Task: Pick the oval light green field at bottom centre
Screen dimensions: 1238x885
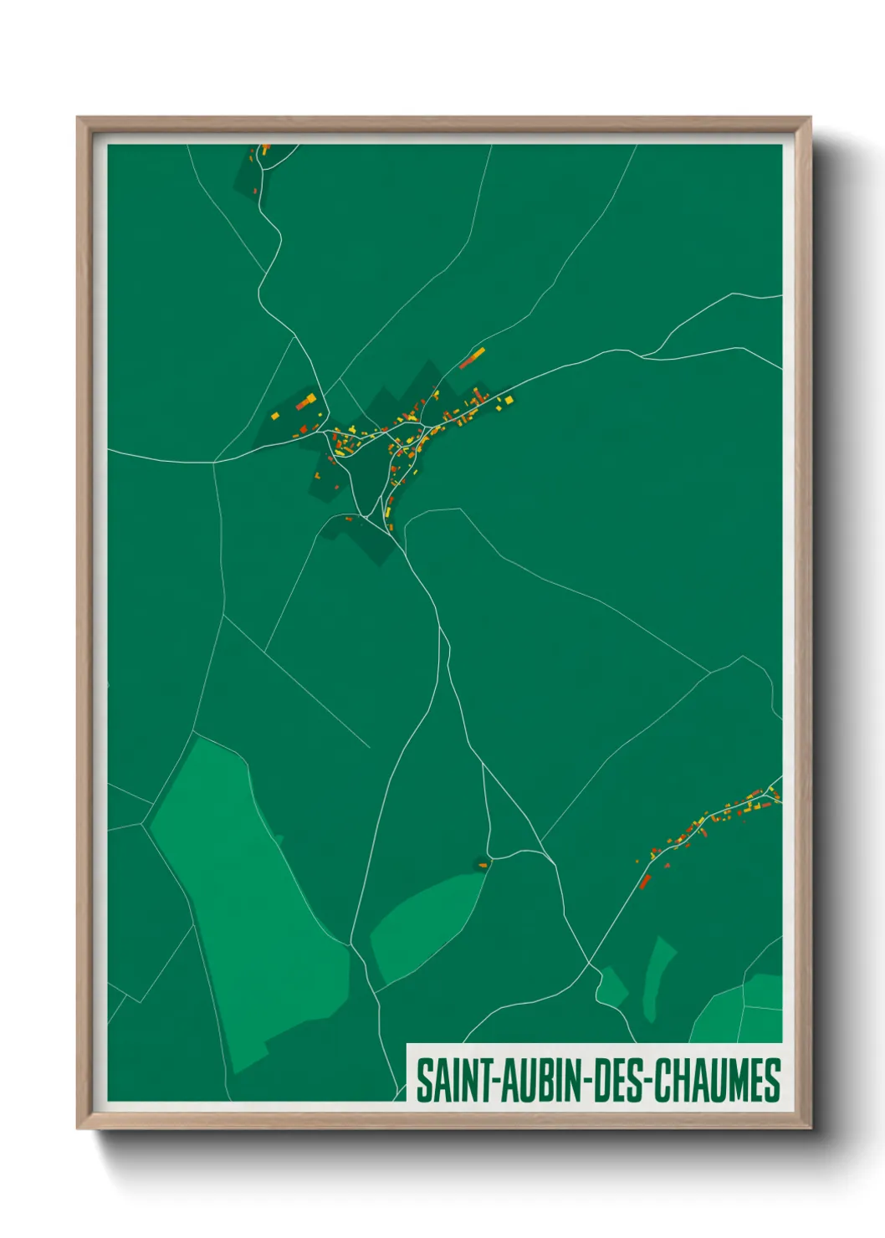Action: coord(427,924)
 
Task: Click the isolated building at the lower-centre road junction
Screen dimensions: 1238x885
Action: coord(483,865)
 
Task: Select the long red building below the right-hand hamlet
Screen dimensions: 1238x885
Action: coord(645,881)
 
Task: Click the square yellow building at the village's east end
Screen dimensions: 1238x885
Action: coord(508,400)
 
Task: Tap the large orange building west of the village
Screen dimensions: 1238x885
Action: coord(306,402)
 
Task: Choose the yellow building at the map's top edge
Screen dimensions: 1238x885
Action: coord(265,151)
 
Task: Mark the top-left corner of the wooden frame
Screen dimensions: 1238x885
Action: coord(78,118)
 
